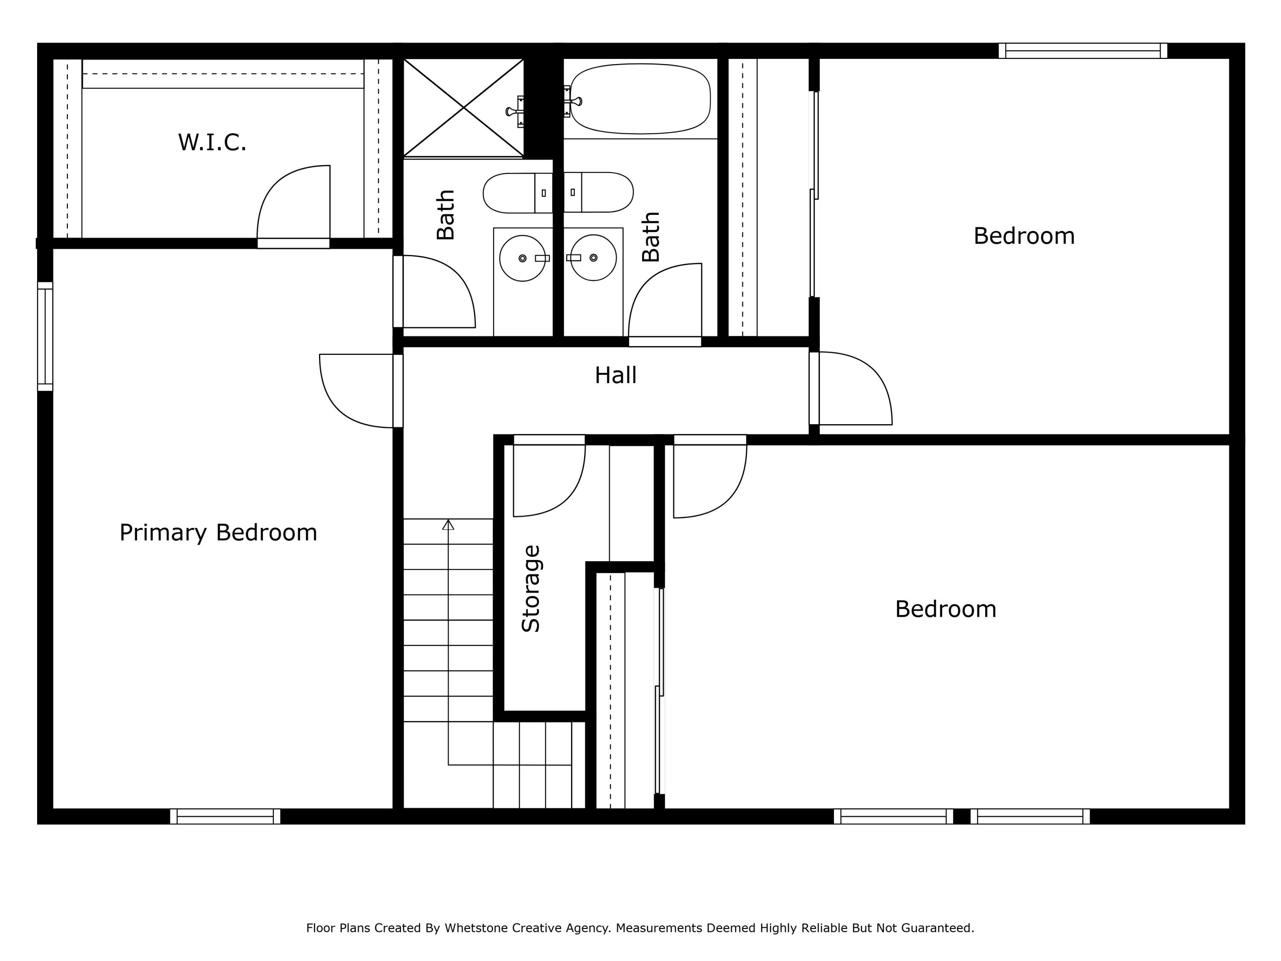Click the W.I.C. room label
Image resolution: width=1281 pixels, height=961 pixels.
212,142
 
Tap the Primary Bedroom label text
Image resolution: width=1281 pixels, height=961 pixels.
218,532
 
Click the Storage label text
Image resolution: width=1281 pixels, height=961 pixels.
531,588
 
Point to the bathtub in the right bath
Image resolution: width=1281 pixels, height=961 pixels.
640,99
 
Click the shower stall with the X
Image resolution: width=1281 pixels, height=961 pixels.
463,108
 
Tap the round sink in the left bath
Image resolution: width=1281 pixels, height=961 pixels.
522,258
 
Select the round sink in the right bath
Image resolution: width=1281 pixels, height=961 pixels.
593,258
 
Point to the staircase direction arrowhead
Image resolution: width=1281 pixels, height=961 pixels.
448,525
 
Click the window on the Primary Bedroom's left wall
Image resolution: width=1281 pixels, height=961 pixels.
45,337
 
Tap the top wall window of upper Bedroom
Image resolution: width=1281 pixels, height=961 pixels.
1082,51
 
